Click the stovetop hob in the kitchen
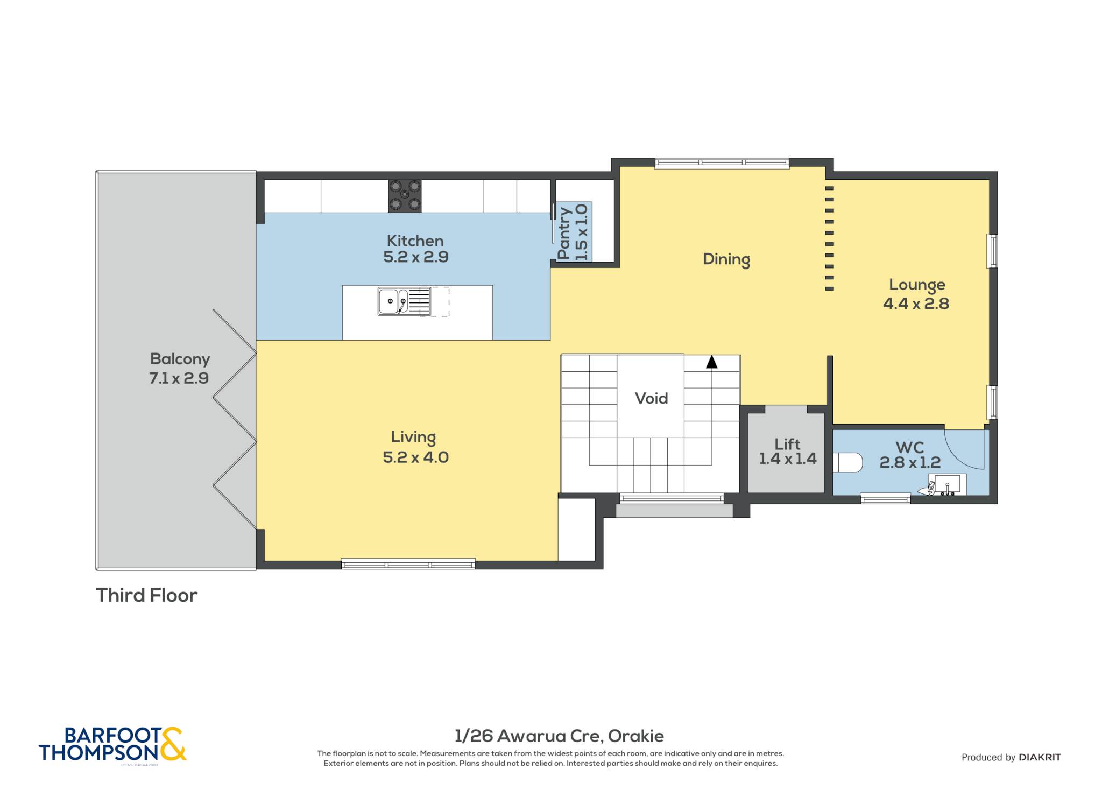pos(405,196)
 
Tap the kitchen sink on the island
pos(404,301)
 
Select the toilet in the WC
pos(847,462)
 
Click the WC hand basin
pos(946,484)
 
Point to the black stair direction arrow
pos(712,362)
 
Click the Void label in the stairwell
pos(651,398)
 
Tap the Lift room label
pos(787,444)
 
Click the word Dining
pos(726,259)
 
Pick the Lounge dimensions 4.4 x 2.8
pos(916,304)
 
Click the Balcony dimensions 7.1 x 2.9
pos(179,378)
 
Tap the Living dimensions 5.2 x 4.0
pos(415,457)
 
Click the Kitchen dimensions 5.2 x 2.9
pos(415,257)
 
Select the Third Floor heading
pos(147,595)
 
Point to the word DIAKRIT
pos(1040,757)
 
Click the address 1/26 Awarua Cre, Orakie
pos(559,736)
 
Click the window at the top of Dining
pos(722,163)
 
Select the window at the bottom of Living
pos(408,565)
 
